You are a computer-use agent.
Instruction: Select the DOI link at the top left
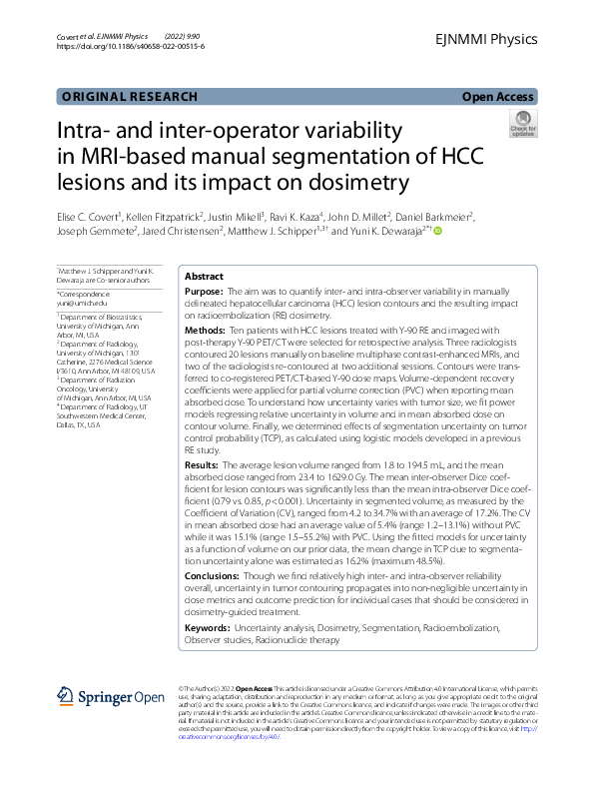click(x=130, y=46)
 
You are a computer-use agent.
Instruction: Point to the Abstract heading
click(x=205, y=277)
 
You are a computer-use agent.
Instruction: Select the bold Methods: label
click(x=207, y=329)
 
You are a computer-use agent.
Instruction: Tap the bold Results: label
click(x=205, y=464)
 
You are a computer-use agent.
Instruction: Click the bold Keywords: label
click(x=209, y=626)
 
